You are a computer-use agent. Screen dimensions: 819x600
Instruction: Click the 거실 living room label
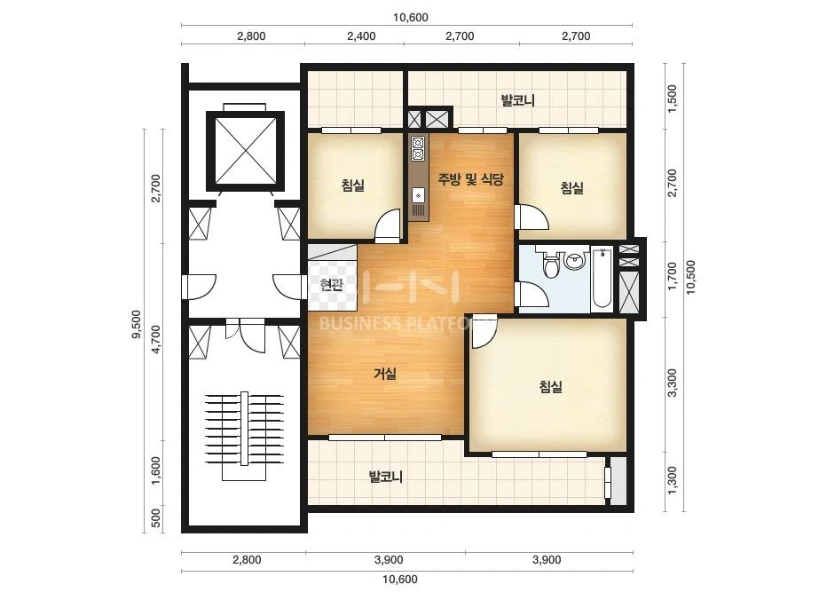click(x=385, y=374)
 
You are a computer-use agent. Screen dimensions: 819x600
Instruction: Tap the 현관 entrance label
click(x=332, y=285)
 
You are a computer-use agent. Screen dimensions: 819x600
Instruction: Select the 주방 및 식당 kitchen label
click(x=470, y=180)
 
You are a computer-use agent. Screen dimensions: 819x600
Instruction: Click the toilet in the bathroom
click(x=550, y=264)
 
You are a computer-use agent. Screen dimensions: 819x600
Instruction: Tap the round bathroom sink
click(x=575, y=260)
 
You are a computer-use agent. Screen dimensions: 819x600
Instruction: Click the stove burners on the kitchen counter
click(x=418, y=148)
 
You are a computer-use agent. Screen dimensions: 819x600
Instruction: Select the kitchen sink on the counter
click(x=419, y=195)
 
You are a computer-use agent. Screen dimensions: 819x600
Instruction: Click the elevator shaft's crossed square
click(x=246, y=151)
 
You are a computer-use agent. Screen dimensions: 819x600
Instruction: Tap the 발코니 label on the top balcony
click(x=518, y=100)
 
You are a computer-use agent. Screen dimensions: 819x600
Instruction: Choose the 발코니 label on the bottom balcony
click(x=385, y=477)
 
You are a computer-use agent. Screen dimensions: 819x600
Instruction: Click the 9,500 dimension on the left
click(x=137, y=324)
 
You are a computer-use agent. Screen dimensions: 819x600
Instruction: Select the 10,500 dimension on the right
click(x=691, y=278)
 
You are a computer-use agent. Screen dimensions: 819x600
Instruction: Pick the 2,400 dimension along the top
click(x=361, y=36)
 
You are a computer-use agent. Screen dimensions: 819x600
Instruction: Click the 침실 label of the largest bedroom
click(x=550, y=387)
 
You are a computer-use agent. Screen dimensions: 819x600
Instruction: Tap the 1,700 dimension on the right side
click(x=673, y=276)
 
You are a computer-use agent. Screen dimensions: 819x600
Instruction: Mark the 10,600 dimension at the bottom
click(x=400, y=579)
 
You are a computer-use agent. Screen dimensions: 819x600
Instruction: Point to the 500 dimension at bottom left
click(x=155, y=518)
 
